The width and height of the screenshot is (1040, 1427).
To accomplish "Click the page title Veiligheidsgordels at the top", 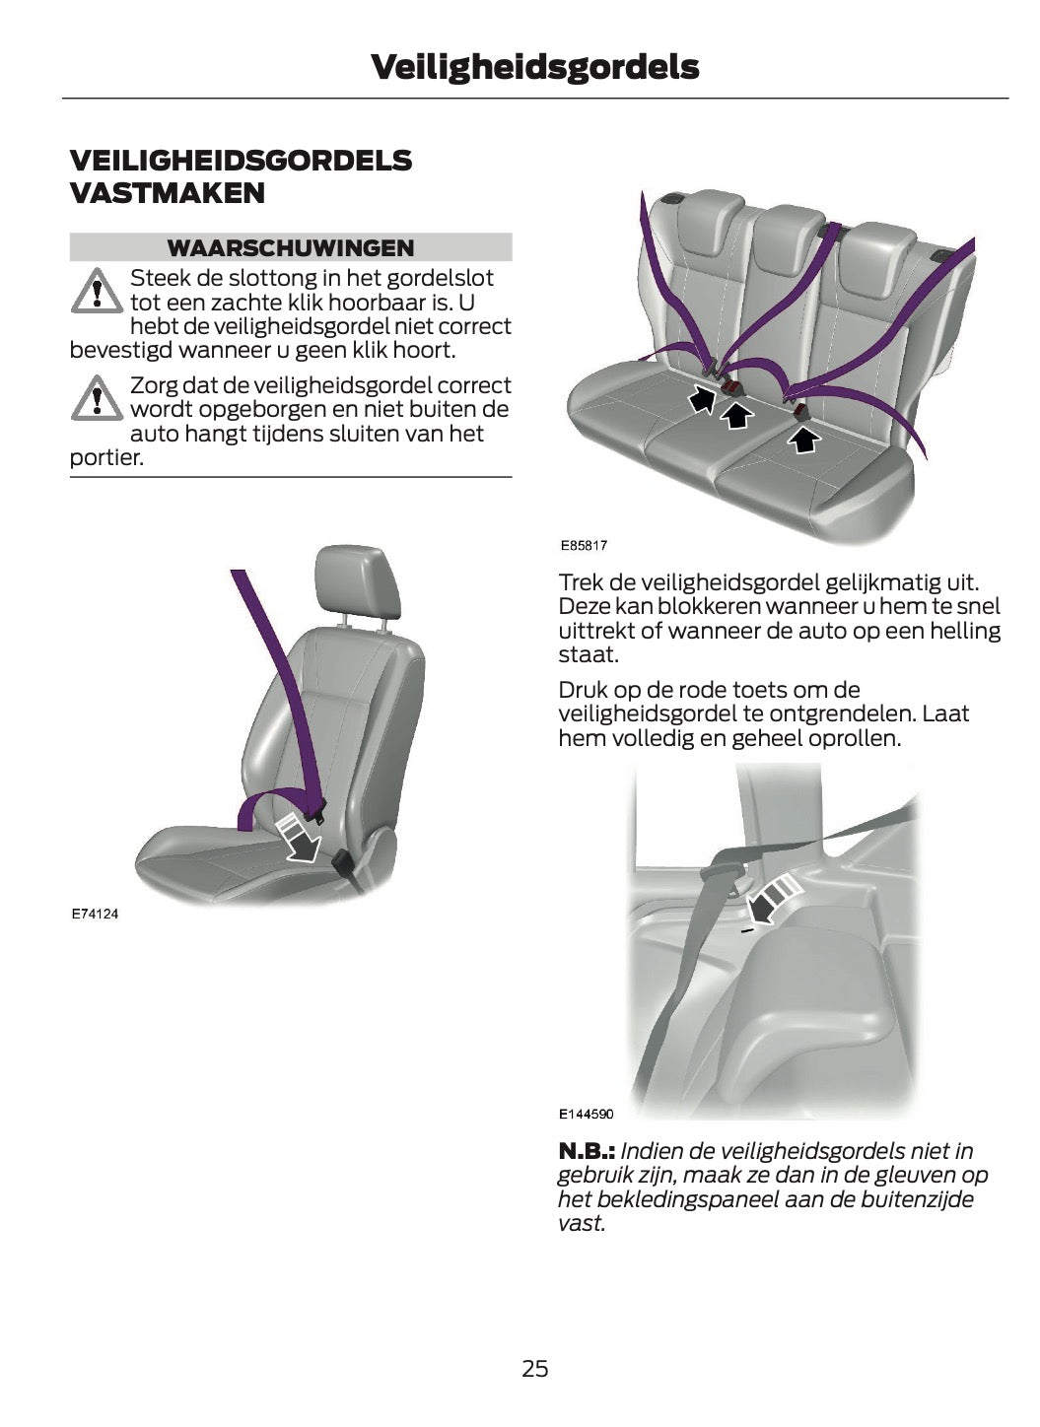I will (534, 67).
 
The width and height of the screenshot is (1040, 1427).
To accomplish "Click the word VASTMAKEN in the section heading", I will (168, 193).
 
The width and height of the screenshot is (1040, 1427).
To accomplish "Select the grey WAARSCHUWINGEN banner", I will (290, 247).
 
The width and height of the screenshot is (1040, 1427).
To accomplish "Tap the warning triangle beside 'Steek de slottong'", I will (96, 291).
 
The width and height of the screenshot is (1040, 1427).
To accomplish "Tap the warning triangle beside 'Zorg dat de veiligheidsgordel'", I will (96, 398).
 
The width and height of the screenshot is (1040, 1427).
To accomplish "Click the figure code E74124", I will (95, 914).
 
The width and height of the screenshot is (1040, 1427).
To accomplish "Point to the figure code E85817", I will (584, 545).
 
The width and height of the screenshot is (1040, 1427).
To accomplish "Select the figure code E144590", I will (586, 1114).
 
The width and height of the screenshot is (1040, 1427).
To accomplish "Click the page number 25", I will (534, 1368).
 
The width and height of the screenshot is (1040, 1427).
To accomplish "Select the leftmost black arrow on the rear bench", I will (702, 398).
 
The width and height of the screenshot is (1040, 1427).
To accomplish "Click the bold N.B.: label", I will (587, 1150).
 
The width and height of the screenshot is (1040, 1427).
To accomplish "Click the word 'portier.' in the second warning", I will (106, 458).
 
